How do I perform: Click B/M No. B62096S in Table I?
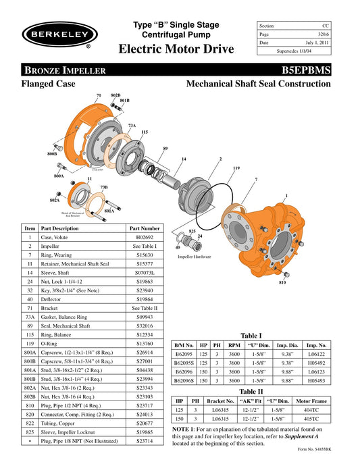(x=185, y=380)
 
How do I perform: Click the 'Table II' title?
(x=251, y=391)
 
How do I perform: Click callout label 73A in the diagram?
(x=132, y=125)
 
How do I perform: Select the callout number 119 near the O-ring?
(x=236, y=167)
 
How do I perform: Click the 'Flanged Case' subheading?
(x=47, y=84)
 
